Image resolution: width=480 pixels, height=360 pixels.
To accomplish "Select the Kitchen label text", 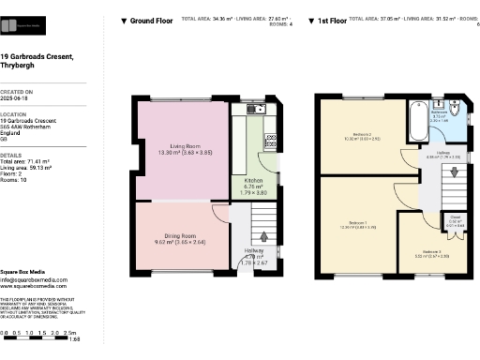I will pyautogui.click(x=254, y=179).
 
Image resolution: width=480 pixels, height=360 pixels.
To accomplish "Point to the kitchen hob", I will pyautogui.click(x=270, y=142).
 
